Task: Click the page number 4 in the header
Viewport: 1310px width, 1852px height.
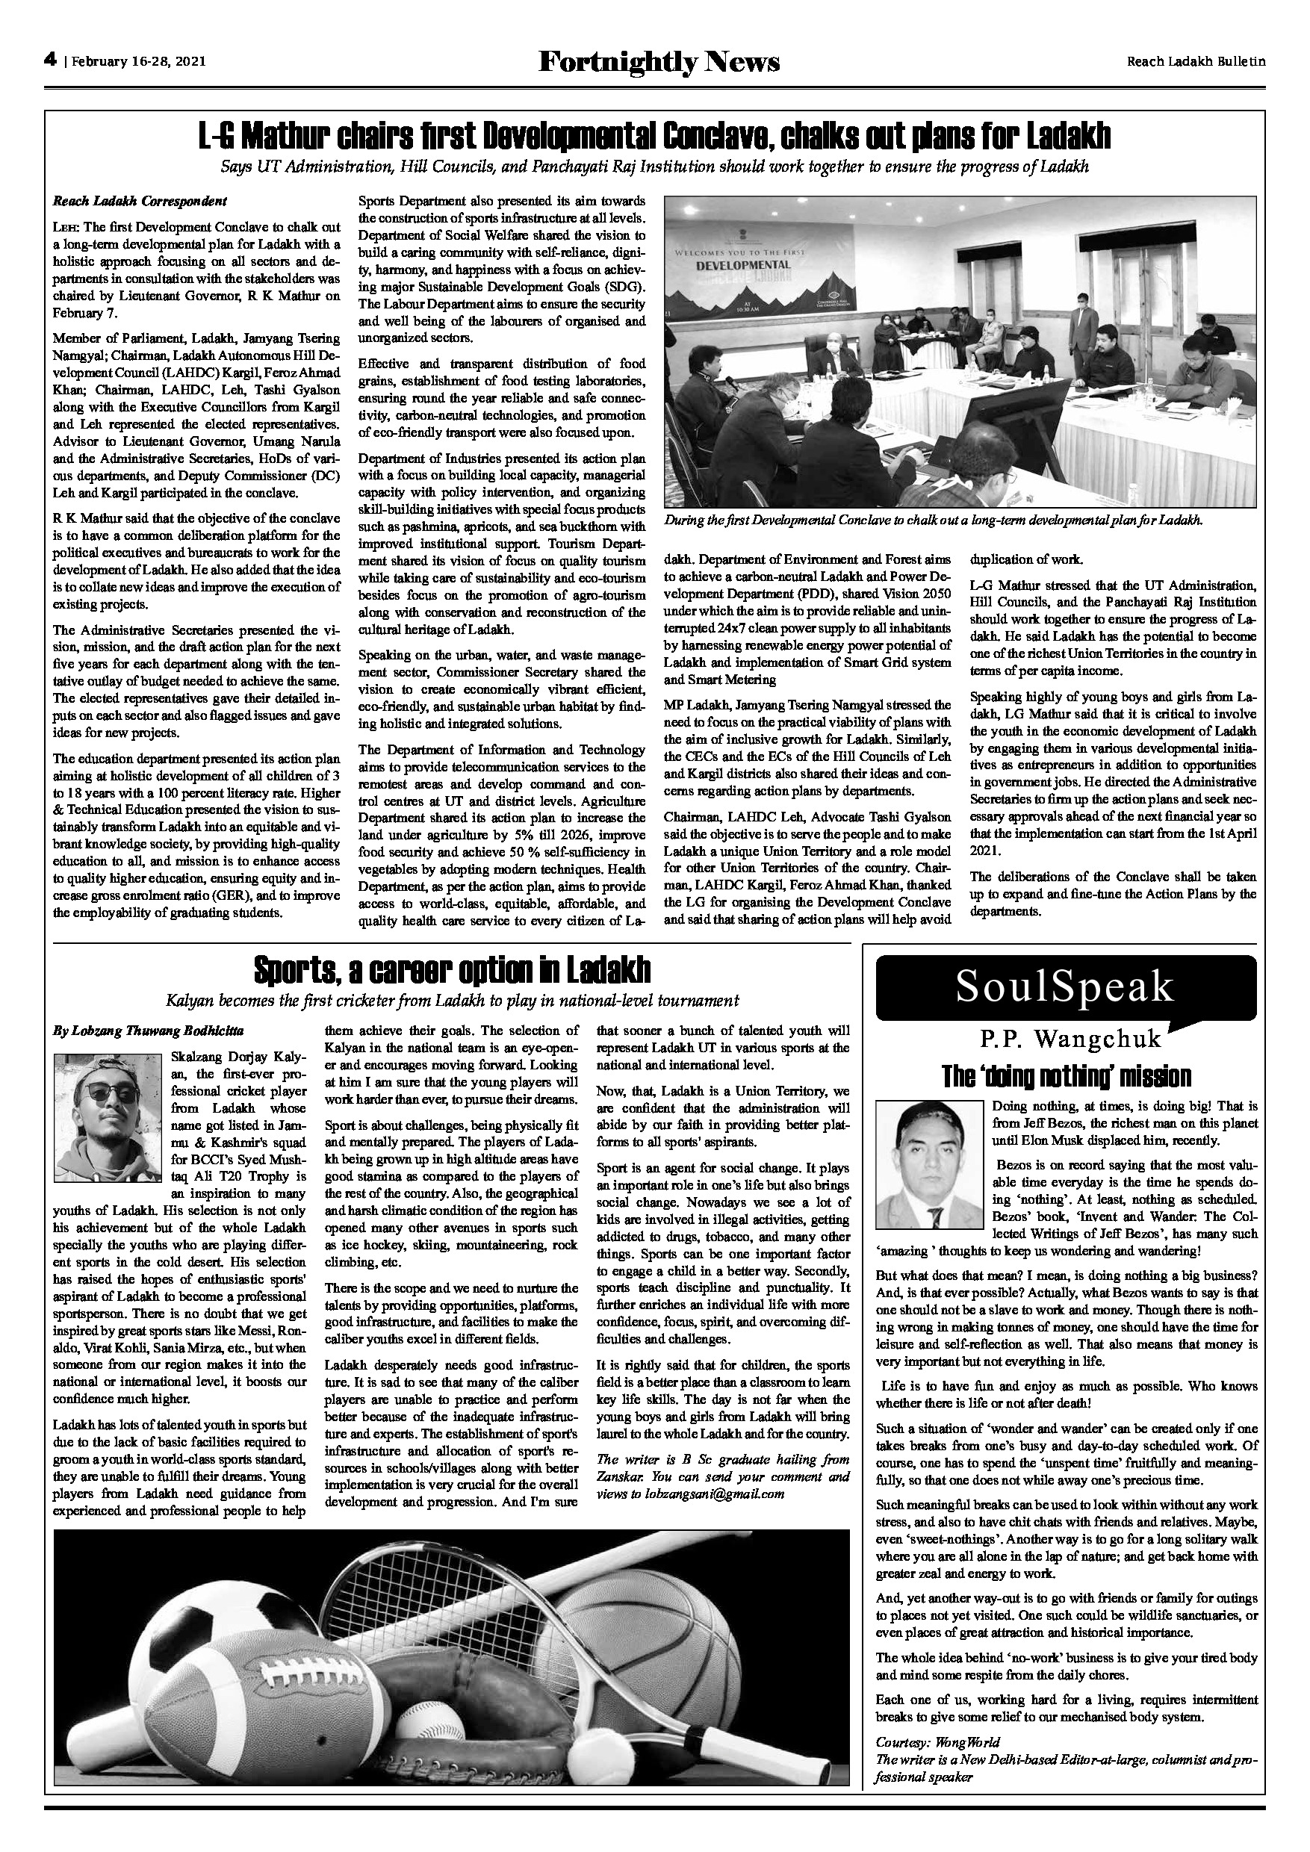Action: point(49,60)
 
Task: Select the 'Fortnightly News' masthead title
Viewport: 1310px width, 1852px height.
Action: point(658,61)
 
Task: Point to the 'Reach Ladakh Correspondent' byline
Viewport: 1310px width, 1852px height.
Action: point(140,200)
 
